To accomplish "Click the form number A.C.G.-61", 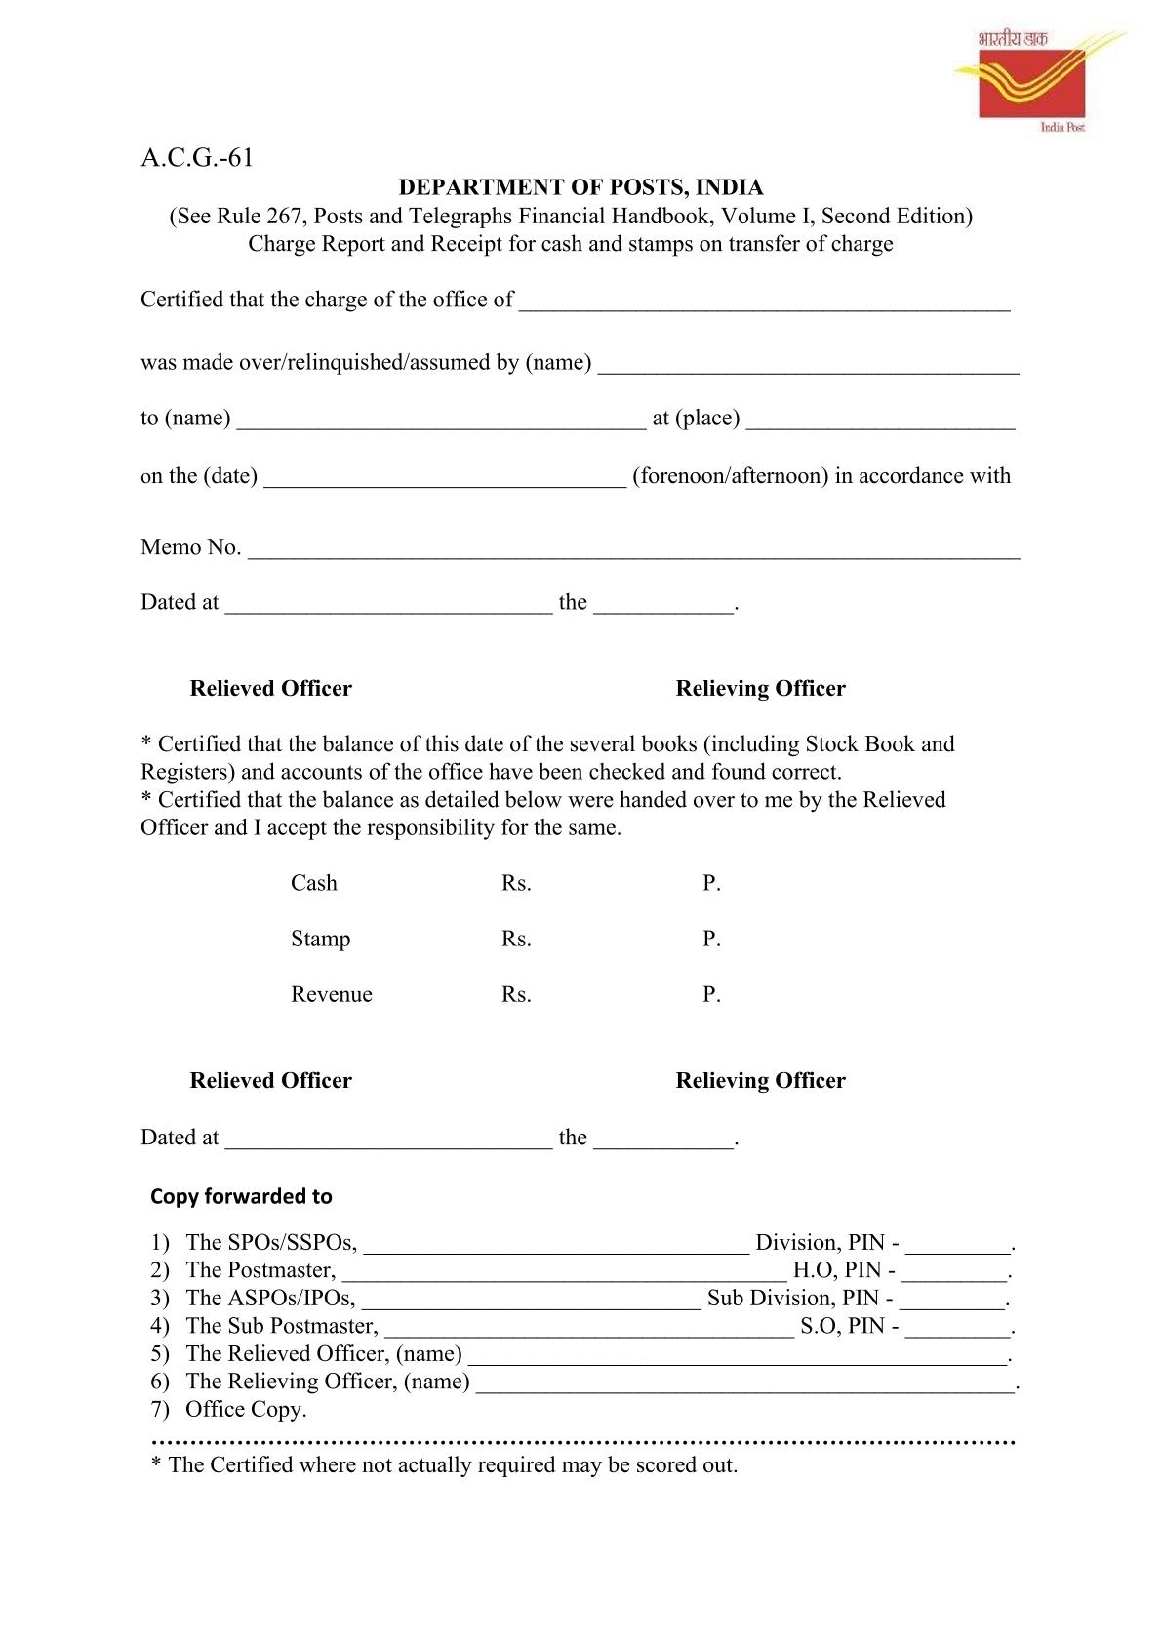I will [x=197, y=158].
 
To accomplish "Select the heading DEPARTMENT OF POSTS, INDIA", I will [x=580, y=187].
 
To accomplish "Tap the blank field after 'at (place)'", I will [x=880, y=421].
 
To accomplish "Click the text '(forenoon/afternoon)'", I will [x=730, y=476].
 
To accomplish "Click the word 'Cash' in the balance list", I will [x=313, y=883].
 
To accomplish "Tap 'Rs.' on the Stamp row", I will [x=516, y=939].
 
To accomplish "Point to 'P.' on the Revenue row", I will [x=711, y=994].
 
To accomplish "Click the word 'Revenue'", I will [x=331, y=994].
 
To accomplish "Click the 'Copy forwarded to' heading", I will [x=241, y=1196].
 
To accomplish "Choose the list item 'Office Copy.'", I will [x=246, y=1409].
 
